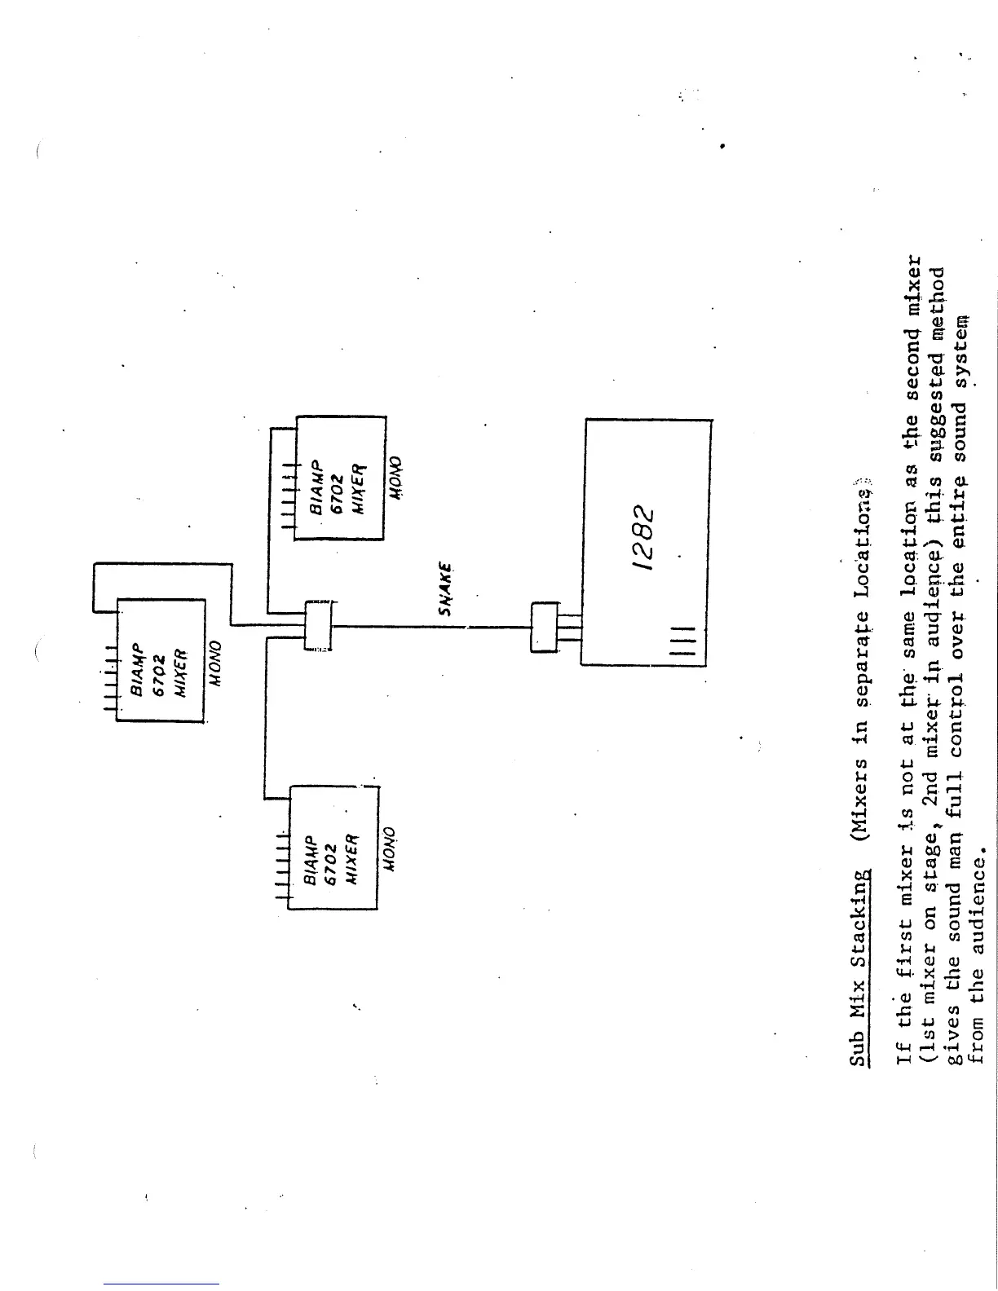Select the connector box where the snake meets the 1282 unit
[543, 627]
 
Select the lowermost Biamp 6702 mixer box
[333, 848]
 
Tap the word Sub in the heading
[859, 1046]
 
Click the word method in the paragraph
[934, 303]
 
